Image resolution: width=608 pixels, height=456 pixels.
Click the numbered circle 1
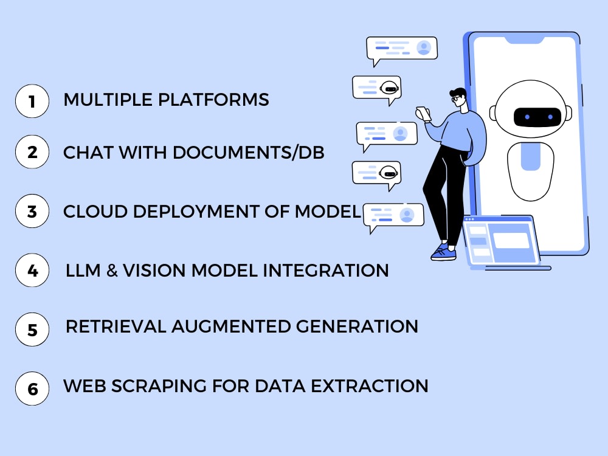coord(32,101)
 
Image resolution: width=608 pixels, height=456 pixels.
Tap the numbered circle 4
coord(32,270)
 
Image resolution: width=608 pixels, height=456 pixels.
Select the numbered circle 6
coord(32,389)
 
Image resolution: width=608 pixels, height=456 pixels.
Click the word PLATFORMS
coord(213,100)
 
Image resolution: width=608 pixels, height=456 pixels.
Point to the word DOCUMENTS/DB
coord(249,153)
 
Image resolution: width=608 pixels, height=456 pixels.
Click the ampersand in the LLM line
coord(112,271)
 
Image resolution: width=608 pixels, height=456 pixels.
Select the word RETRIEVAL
coord(116,326)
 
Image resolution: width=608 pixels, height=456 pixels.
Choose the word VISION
coord(154,271)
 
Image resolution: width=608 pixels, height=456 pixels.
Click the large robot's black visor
coord(537,117)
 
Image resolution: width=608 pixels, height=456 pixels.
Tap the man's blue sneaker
coord(443,252)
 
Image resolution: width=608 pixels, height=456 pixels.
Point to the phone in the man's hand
coord(423,114)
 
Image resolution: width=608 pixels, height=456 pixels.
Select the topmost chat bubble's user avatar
coord(424,47)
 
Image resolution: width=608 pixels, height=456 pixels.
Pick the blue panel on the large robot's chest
coord(530,156)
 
